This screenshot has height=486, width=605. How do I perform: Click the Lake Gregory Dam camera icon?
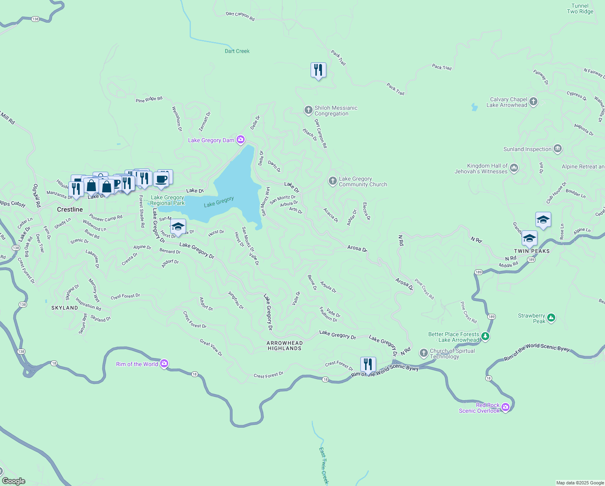coord(241,140)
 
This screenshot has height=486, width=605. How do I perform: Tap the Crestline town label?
coord(70,209)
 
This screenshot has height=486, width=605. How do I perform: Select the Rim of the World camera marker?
coord(164,363)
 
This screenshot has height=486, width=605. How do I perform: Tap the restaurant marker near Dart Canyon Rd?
coord(318,70)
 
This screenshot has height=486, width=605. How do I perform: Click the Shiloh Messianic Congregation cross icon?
coord(308,110)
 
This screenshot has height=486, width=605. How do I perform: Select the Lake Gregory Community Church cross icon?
coord(332,181)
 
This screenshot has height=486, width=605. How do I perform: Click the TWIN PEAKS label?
coord(532,251)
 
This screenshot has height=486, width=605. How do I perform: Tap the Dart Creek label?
coord(237,51)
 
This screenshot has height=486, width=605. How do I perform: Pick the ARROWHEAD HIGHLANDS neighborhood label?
coord(284,345)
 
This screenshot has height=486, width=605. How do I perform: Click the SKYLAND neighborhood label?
coord(65,308)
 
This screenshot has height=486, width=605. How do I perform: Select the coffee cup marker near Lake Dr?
coord(161,179)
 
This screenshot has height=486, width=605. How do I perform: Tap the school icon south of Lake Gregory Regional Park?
coord(178,227)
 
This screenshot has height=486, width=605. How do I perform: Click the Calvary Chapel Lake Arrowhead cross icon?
coord(533,102)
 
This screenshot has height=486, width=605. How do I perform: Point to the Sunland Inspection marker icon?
coord(558,149)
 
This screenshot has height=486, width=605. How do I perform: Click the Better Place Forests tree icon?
coord(485,336)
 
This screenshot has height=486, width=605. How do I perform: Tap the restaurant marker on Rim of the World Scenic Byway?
coord(368,364)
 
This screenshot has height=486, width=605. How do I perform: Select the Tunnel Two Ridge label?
coord(580,9)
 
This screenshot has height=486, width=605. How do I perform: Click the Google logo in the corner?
coord(13,481)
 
